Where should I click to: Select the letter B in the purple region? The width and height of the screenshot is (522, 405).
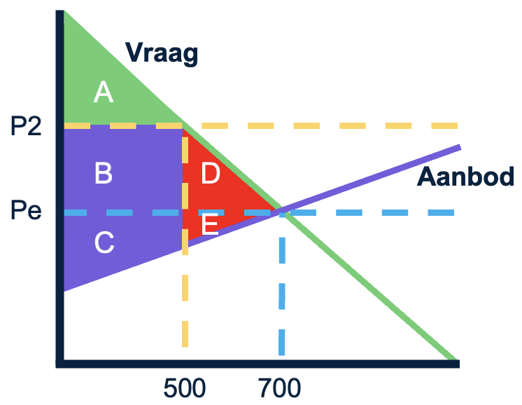(x=104, y=173)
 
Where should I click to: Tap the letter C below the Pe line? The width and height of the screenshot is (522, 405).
(x=104, y=242)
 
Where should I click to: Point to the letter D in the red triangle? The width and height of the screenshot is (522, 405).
(x=211, y=173)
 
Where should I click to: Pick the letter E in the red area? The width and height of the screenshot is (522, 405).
(x=209, y=224)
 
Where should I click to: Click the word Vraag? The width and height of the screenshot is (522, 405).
(x=162, y=52)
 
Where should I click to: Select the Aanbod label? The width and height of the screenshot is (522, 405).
(x=466, y=177)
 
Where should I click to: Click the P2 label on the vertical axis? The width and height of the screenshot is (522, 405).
(x=27, y=127)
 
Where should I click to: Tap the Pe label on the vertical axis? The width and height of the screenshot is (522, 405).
(x=27, y=210)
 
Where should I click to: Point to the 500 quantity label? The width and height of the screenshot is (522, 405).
(x=185, y=387)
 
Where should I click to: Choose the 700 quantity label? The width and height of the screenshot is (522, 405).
(x=279, y=387)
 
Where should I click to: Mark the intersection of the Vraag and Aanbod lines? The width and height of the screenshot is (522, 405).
(x=281, y=210)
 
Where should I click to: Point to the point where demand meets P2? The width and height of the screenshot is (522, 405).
(x=183, y=126)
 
